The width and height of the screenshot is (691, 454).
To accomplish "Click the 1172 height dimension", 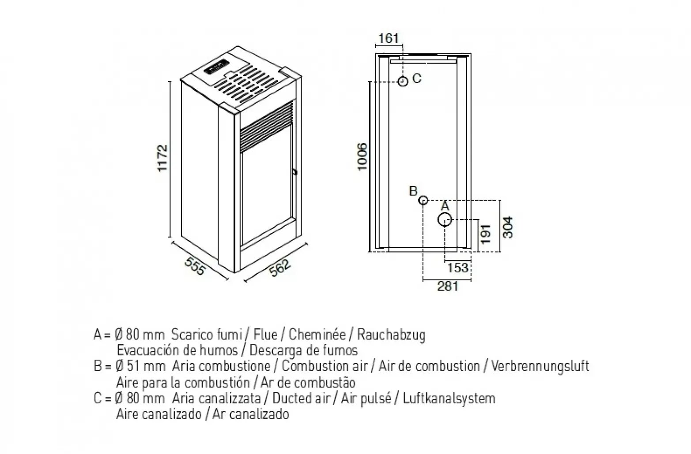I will tap(162, 158).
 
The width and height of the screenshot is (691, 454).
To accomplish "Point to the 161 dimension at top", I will tap(389, 38).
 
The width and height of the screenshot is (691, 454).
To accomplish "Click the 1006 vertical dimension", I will tap(362, 156).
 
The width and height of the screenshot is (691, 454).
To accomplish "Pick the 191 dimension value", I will tap(486, 234).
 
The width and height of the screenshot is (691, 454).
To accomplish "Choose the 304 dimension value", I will tap(508, 227).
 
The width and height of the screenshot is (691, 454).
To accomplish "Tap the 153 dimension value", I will tap(457, 268).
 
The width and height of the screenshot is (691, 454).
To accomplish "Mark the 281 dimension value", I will tap(448, 286).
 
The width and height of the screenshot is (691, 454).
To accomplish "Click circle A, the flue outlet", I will tap(445, 220).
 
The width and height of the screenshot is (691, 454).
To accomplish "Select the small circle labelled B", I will tap(423, 201).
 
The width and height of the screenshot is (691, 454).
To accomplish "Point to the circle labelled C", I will tap(402, 82).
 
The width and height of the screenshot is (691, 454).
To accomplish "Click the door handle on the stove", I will tap(294, 172).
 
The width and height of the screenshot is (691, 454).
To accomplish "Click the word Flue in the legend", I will tap(266, 335).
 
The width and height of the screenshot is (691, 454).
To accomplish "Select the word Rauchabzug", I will tap(391, 335).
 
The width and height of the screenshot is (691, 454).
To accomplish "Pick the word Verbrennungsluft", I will tap(540, 366).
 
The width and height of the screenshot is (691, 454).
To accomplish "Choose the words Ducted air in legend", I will tap(301, 398).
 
